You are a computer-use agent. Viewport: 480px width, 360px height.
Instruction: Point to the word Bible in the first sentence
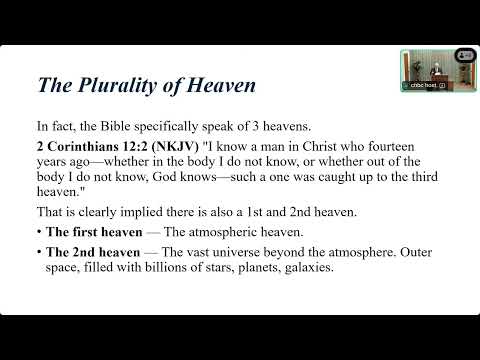coord(140,127)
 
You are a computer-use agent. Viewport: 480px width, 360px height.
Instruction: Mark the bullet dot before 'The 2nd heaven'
coord(39,252)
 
